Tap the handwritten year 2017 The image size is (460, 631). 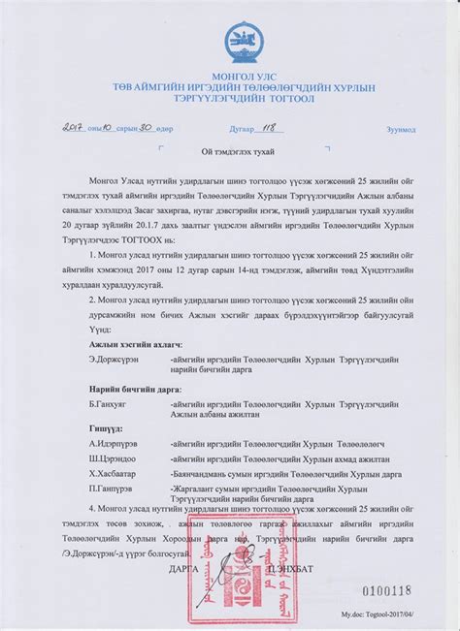pos(75,126)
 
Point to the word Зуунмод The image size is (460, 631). pos(401,129)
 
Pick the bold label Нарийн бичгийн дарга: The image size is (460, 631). pos(134,388)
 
